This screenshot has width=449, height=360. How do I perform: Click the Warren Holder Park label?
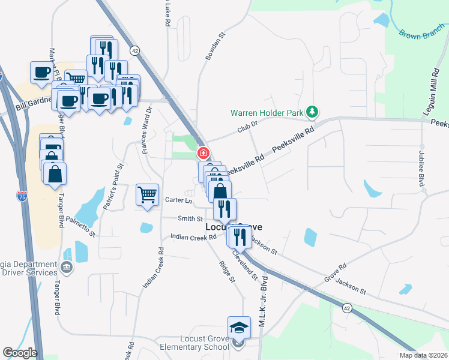coord(268,112)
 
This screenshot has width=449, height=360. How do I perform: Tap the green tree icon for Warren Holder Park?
coord(312,112)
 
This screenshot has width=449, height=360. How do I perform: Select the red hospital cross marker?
coord(203,153)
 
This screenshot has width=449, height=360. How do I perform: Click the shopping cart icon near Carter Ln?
coord(147,195)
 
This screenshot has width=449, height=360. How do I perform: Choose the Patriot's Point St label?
coord(113,187)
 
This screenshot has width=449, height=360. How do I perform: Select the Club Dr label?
coord(247,127)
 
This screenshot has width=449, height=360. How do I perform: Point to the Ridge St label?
coord(226,271)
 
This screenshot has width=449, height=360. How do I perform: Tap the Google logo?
coord(20,353)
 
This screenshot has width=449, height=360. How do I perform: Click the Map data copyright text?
coord(423,355)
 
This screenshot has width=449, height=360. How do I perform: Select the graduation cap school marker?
coord(238,328)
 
